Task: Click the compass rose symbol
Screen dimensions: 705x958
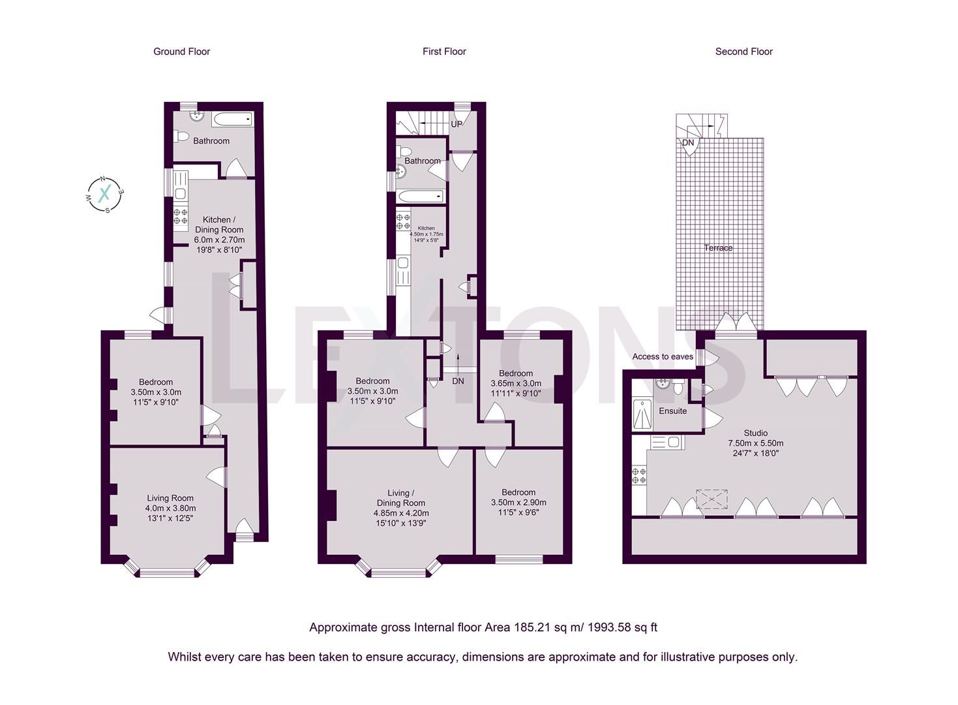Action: (104, 195)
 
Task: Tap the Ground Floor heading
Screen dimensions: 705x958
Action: (181, 52)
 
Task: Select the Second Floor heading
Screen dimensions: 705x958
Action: (743, 52)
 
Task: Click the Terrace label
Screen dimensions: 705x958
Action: (718, 248)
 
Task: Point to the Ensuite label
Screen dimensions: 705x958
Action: (672, 411)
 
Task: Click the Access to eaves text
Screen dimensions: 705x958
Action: (663, 357)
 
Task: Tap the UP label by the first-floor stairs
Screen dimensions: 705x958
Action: (457, 124)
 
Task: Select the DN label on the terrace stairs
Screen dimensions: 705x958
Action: (688, 143)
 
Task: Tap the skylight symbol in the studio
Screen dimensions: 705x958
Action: (712, 499)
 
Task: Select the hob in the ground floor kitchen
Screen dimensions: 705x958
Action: (181, 216)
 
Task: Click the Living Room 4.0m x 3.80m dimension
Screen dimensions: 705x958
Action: (170, 509)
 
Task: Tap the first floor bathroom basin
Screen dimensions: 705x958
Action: (401, 172)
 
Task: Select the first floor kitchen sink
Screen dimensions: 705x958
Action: (402, 264)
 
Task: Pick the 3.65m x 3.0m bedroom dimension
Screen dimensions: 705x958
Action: (516, 384)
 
